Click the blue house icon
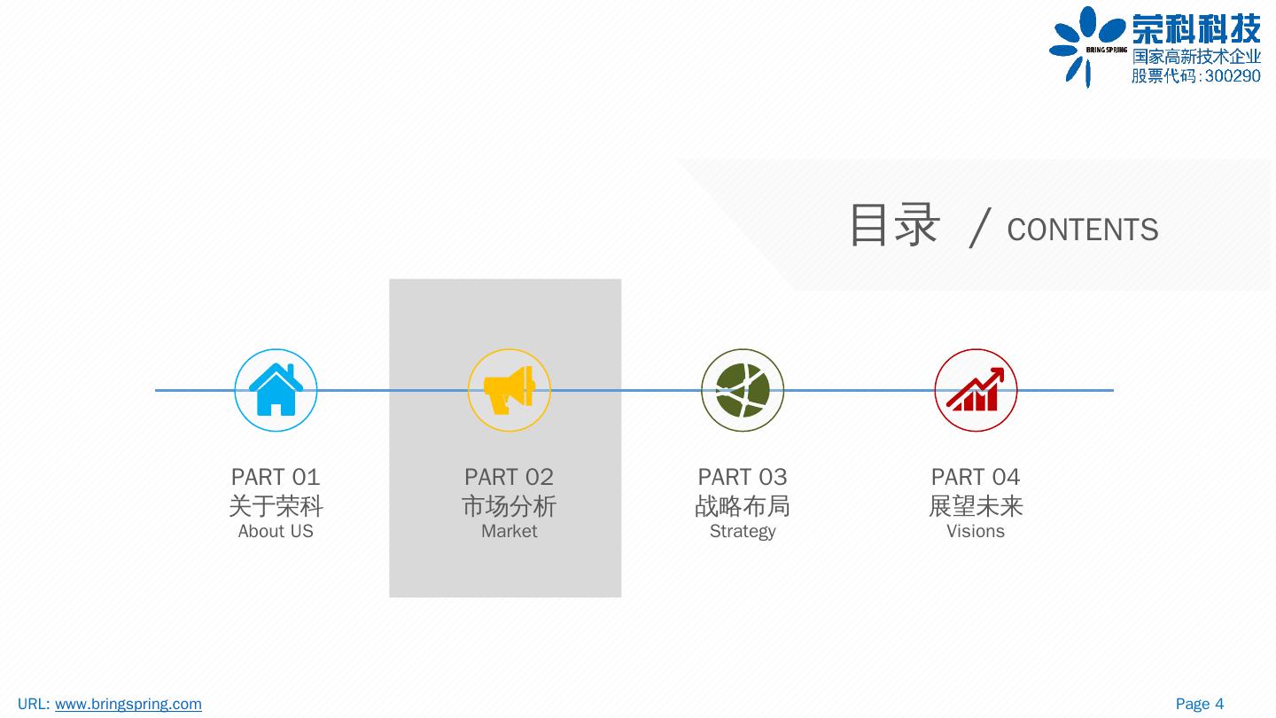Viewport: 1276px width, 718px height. tap(276, 390)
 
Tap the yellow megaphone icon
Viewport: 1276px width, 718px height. tap(510, 390)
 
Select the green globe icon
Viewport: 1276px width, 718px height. tap(743, 390)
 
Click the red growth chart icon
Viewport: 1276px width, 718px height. tap(976, 390)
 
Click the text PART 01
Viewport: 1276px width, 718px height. tap(276, 477)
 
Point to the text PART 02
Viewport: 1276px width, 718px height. tap(509, 477)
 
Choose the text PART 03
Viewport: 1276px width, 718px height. tap(743, 477)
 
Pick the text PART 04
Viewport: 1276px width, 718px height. tap(976, 477)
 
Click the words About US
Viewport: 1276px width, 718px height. tap(276, 531)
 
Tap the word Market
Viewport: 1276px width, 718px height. tap(509, 531)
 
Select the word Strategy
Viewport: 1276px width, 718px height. tap(743, 531)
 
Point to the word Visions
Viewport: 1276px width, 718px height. tap(976, 531)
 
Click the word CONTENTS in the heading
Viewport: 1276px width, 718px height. tap(1082, 230)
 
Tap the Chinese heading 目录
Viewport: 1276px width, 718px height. tap(893, 224)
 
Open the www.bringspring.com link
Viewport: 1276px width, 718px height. tap(128, 704)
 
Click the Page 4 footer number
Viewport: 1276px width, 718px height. tap(1200, 704)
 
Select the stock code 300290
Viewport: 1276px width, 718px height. tap(1233, 76)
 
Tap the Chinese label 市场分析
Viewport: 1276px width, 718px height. tap(509, 506)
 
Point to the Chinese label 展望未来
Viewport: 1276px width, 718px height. tap(976, 506)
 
